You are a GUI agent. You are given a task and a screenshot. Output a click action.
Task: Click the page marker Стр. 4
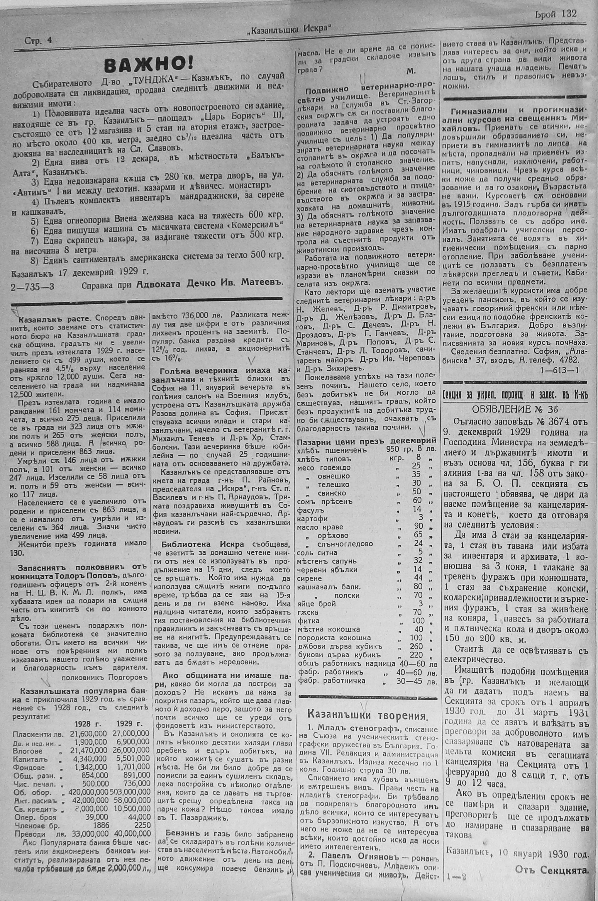click(x=38, y=41)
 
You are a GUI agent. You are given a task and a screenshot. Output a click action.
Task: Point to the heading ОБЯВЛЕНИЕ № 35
click(x=515, y=409)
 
